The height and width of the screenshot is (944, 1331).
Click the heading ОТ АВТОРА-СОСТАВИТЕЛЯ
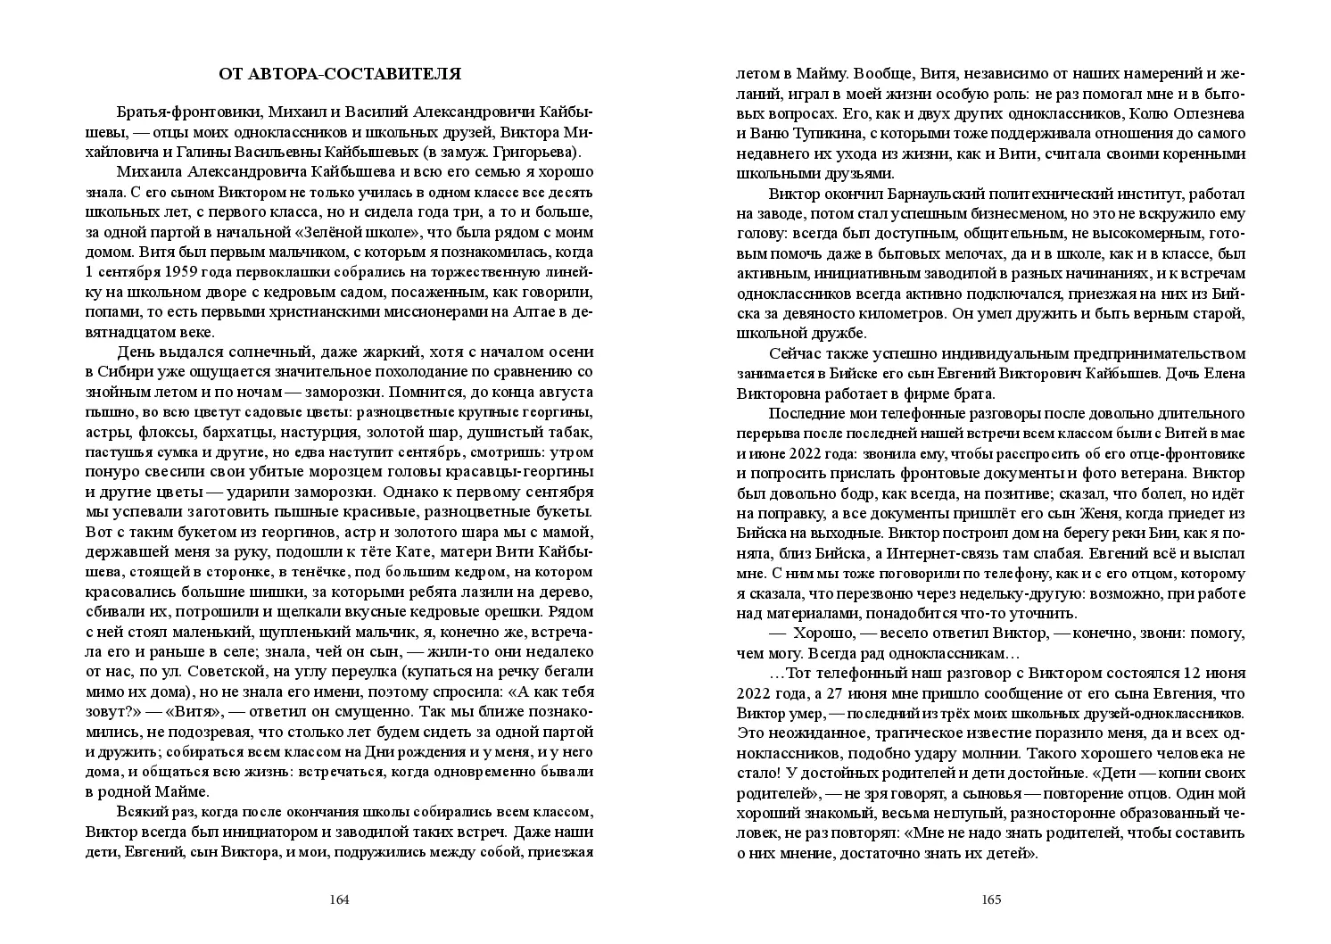(340, 74)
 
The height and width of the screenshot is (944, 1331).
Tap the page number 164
(339, 899)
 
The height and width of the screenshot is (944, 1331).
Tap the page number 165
(991, 899)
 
